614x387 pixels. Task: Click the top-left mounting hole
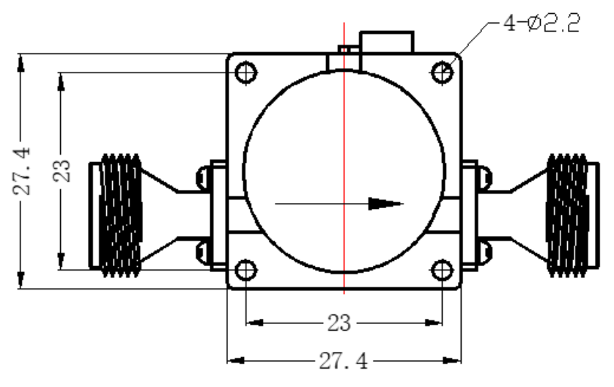(x=246, y=73)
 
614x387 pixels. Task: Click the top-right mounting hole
(x=442, y=73)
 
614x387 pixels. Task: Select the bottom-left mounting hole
(x=246, y=270)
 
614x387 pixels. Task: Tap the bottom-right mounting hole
(x=442, y=270)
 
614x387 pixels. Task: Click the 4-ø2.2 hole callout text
(x=541, y=23)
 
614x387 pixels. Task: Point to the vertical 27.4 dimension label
(x=22, y=172)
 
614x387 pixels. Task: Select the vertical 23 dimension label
(x=62, y=172)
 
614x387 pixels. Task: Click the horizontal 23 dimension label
(x=339, y=323)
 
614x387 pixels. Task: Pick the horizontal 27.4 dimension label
(x=344, y=361)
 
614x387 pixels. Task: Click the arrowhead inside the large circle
(x=385, y=204)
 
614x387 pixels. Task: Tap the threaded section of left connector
(x=120, y=215)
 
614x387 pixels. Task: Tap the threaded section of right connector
(x=567, y=215)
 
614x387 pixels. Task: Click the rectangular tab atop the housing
(x=386, y=42)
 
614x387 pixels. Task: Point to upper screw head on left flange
(x=203, y=177)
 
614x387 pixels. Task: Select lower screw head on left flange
(x=203, y=253)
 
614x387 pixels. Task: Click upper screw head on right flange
(x=485, y=177)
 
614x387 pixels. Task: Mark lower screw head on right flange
(x=485, y=253)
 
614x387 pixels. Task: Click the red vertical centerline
(x=344, y=158)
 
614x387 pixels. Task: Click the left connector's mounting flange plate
(x=218, y=215)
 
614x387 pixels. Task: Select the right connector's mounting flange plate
(x=470, y=215)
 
